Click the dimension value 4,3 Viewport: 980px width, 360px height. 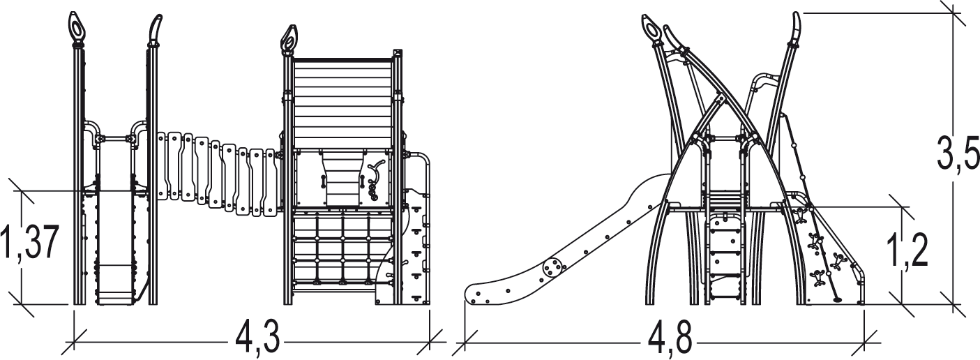pyautogui.click(x=257, y=341)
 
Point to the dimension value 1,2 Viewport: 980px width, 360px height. pyautogui.click(x=913, y=253)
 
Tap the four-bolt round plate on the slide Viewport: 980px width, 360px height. pyautogui.click(x=553, y=267)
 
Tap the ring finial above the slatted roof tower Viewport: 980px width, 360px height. pyautogui.click(x=288, y=38)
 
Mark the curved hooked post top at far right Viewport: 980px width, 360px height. pyautogui.click(x=796, y=28)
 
